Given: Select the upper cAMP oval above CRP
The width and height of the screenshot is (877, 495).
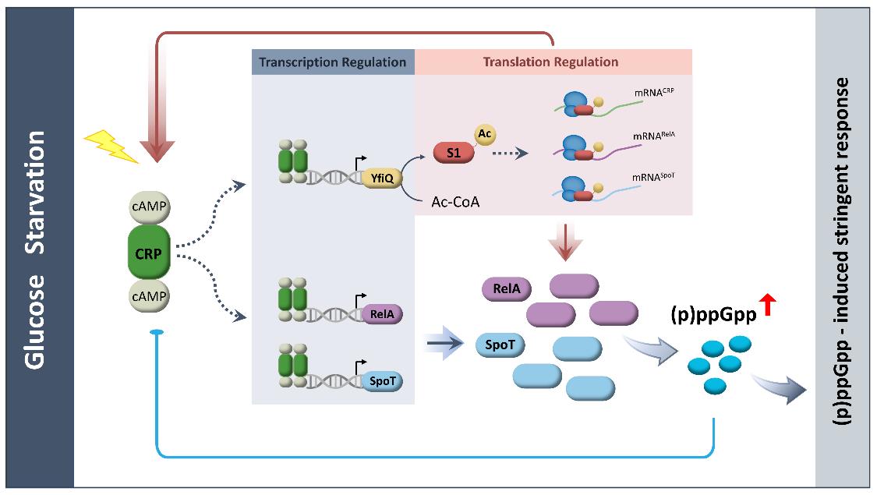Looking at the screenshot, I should point(150,209).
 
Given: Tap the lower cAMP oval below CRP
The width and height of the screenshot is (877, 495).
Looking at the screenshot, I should point(150,298).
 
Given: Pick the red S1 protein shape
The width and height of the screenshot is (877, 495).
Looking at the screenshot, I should point(454,154).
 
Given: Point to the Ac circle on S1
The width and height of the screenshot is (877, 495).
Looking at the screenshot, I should point(484,134).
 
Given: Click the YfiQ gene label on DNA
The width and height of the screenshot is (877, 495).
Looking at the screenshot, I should point(381,178).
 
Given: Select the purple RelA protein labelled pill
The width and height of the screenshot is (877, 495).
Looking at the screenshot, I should point(507,290).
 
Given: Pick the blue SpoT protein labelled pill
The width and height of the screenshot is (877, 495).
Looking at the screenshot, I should point(500,344).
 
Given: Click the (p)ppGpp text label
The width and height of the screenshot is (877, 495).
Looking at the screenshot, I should point(713,315).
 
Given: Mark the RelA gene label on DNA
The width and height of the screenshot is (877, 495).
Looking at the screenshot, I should point(381,315).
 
